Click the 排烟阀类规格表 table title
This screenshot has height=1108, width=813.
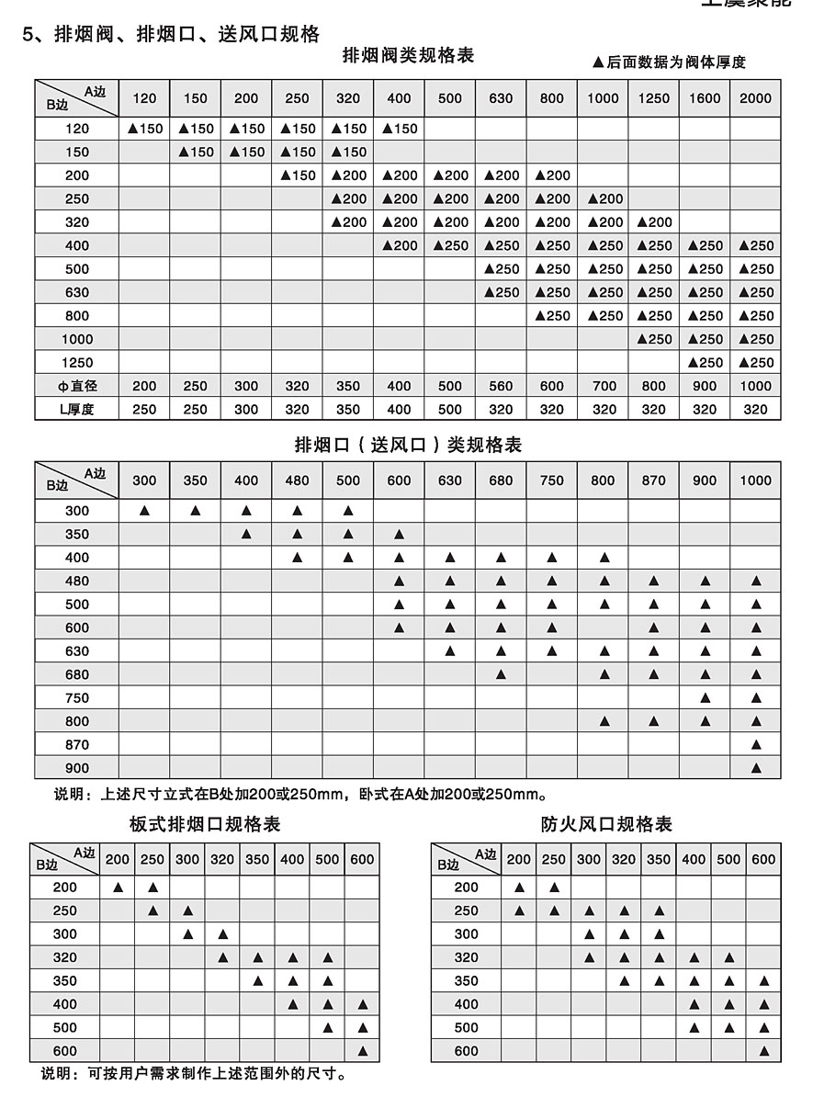coord(408,56)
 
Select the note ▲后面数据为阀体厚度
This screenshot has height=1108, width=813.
coord(669,62)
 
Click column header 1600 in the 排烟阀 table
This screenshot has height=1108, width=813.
coord(705,98)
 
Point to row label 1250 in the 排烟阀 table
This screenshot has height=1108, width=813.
coord(77,363)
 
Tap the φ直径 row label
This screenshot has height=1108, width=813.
coord(77,386)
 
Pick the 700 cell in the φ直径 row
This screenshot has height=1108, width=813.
coord(603,386)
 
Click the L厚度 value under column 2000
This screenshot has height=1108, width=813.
coord(756,410)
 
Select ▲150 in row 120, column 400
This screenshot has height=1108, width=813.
coord(399,129)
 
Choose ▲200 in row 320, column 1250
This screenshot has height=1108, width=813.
coord(653,222)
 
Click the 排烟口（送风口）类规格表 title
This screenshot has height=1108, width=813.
coord(408,446)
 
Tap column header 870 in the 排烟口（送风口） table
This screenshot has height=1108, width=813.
coord(653,481)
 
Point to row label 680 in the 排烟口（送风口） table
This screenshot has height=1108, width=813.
coord(77,674)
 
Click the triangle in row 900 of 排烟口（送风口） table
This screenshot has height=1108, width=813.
coord(756,768)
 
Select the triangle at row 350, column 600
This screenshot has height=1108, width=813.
coord(399,534)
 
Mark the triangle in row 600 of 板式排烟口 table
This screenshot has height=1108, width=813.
coord(362,1051)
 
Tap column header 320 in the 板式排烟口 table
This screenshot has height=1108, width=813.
coord(222,860)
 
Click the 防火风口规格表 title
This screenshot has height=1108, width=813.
coord(606,824)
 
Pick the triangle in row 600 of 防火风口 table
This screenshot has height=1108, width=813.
coord(763,1051)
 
